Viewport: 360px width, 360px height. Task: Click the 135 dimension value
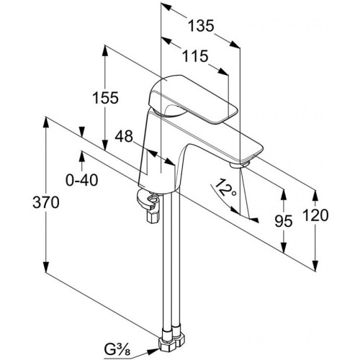(x=200, y=26)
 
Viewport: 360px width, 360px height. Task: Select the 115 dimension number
(x=195, y=56)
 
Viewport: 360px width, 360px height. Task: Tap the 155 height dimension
(x=106, y=98)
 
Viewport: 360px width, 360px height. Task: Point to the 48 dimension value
(x=124, y=136)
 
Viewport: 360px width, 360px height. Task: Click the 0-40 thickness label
(x=82, y=180)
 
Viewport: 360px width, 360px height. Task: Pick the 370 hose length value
(x=46, y=202)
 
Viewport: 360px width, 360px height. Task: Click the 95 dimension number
(x=284, y=221)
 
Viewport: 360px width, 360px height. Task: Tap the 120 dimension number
(x=315, y=215)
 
